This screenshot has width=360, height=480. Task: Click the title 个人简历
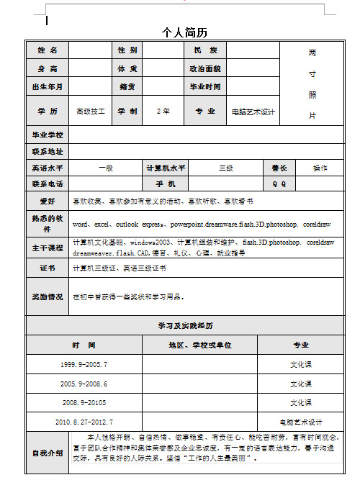point(184,32)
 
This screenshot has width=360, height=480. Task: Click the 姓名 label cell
point(47,50)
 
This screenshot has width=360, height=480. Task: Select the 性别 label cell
point(127,50)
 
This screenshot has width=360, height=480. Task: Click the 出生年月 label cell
point(47,87)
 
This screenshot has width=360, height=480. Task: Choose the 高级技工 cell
point(91,112)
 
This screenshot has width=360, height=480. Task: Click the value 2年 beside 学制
point(163,112)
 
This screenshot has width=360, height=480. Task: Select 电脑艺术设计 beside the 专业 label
point(253,112)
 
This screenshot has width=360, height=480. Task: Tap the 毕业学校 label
point(47,135)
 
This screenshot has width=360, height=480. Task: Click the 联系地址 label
point(47,152)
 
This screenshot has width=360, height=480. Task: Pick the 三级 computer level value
point(225,168)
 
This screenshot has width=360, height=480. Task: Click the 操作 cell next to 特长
point(320,168)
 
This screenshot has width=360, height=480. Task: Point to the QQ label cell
point(279,184)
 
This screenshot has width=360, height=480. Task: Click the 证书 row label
point(47,268)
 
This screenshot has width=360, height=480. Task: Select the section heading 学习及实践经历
point(185,326)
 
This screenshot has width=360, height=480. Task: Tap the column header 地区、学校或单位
point(200,345)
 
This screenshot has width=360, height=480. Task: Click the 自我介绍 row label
point(47,453)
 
